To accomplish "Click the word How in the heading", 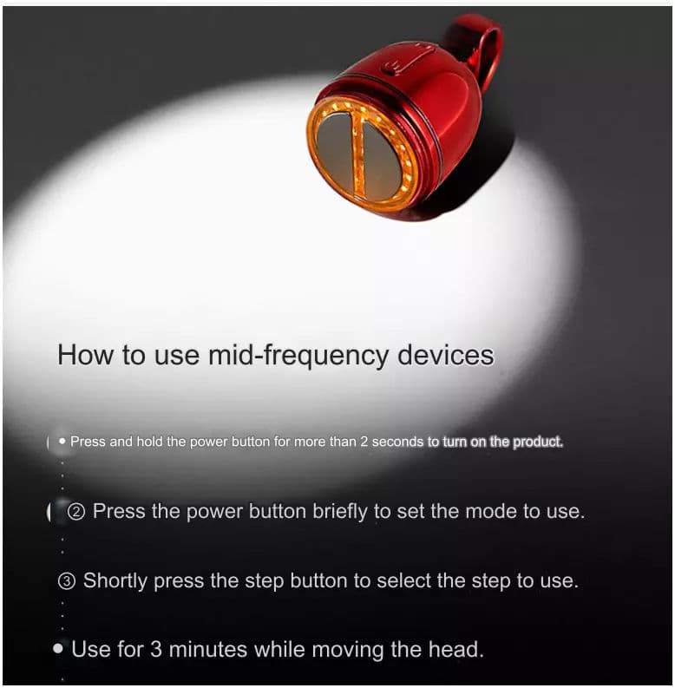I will tap(85, 356).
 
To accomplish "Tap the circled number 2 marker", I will tap(75, 512).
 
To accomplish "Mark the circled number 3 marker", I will tap(67, 581).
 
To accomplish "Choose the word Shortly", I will tap(115, 581).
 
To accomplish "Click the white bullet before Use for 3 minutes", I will tap(58, 648).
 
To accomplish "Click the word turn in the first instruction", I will tap(455, 442).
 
